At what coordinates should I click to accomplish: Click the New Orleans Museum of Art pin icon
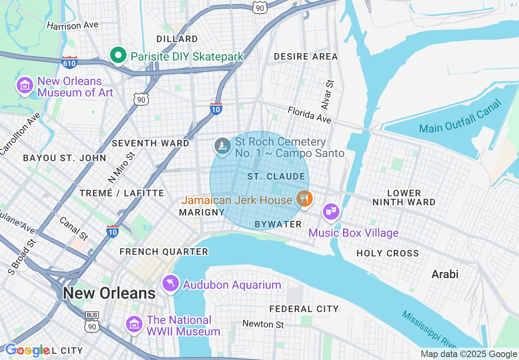click(x=25, y=85)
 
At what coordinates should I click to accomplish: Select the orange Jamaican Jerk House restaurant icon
click(x=304, y=199)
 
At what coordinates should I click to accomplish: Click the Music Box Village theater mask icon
click(x=331, y=211)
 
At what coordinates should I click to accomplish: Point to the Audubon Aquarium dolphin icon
click(x=171, y=283)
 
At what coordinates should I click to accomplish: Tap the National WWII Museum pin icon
click(x=134, y=324)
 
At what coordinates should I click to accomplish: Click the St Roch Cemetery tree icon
click(x=223, y=145)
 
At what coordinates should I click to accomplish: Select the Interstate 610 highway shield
click(x=70, y=63)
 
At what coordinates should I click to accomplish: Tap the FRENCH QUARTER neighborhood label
click(x=164, y=252)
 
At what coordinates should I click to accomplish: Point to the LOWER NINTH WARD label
click(x=404, y=197)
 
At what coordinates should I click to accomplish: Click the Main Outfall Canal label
click(x=460, y=117)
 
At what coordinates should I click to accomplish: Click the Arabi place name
click(x=445, y=274)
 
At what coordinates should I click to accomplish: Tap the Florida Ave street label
click(x=309, y=115)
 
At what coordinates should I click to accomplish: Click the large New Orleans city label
click(x=109, y=293)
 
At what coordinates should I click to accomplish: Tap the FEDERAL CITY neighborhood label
click(x=304, y=309)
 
